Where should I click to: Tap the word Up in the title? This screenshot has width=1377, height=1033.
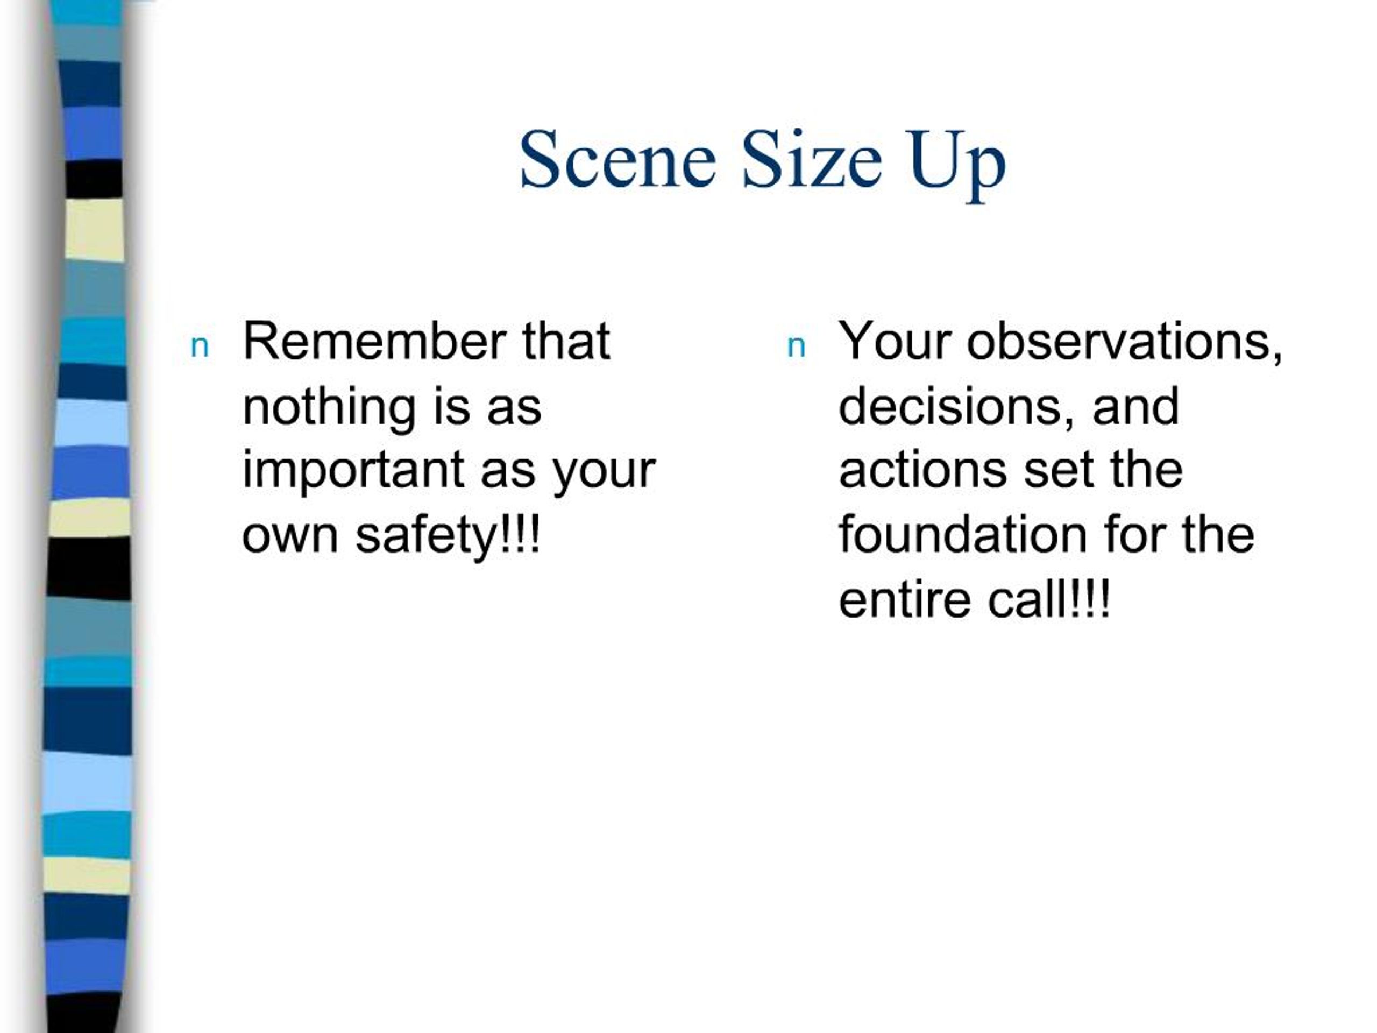pyautogui.click(x=956, y=163)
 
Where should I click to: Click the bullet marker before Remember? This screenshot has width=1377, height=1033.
pyautogui.click(x=199, y=347)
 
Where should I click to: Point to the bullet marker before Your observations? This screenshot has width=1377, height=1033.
pyautogui.click(x=796, y=347)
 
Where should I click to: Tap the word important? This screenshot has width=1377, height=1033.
pyautogui.click(x=352, y=471)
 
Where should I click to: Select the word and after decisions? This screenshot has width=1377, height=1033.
pyautogui.click(x=1135, y=407)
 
